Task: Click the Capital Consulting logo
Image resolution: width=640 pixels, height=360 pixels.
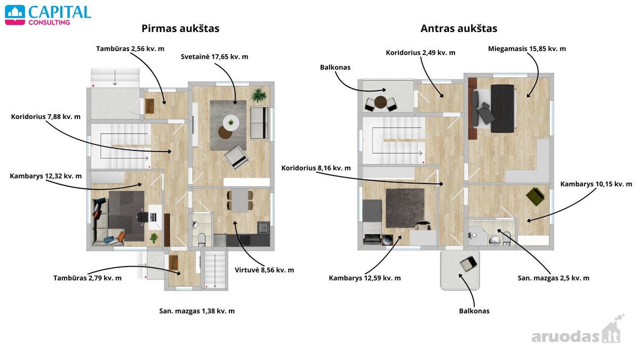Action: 48,15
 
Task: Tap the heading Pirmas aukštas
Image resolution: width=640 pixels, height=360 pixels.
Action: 181,28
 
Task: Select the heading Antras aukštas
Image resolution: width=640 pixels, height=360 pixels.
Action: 459,28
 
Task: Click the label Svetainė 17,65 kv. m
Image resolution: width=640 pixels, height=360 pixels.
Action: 214,57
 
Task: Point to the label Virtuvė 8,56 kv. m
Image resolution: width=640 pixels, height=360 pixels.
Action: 265,270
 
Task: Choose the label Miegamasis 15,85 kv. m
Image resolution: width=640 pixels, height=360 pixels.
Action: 527,49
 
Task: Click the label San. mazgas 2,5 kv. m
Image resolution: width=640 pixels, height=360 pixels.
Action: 554,278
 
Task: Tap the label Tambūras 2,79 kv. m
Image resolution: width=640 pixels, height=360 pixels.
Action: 87,278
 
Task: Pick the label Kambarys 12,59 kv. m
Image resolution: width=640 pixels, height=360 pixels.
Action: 365,278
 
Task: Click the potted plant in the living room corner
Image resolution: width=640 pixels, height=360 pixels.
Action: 259,95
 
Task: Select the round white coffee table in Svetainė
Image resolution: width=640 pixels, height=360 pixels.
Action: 231,123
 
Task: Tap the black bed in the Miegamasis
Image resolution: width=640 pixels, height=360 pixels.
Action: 502,109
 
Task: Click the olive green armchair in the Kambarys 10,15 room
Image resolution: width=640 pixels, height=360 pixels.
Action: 535,196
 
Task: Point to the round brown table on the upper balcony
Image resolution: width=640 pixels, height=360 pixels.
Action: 381,102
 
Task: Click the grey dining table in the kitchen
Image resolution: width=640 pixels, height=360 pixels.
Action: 240,200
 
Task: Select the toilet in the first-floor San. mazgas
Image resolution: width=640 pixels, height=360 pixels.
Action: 202,239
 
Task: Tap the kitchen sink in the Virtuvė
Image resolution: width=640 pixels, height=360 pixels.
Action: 263,228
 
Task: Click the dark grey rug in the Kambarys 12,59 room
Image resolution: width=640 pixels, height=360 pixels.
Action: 405,208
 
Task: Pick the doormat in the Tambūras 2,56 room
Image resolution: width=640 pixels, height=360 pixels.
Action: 150,106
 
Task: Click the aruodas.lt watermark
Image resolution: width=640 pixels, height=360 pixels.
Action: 577,331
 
